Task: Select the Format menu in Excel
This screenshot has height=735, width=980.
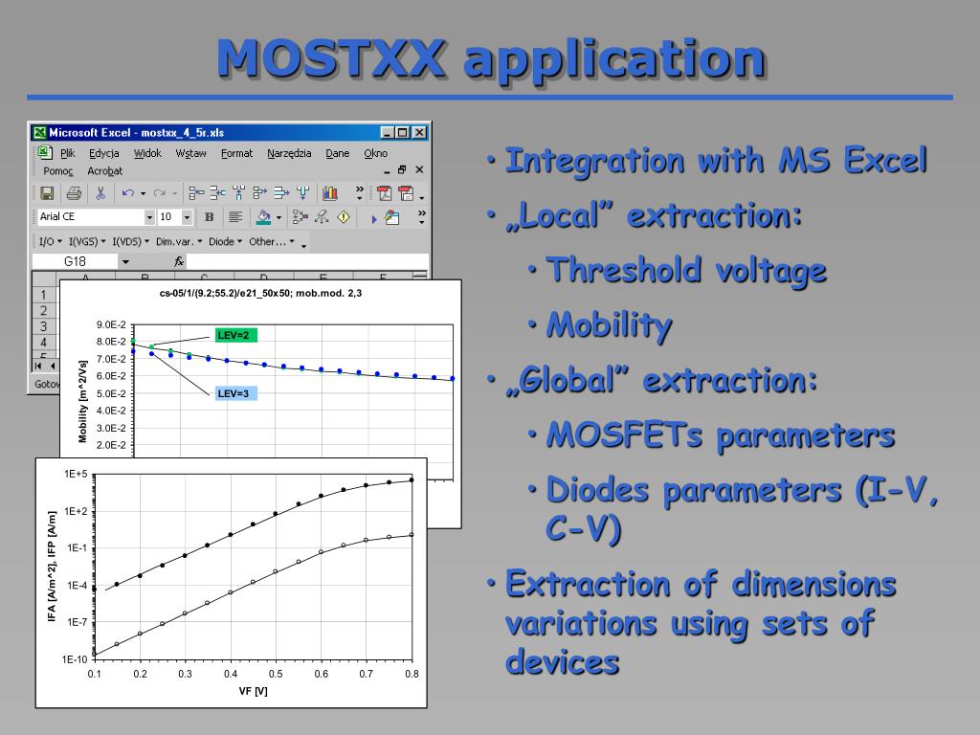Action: click(x=236, y=153)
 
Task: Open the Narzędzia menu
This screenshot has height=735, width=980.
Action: click(x=289, y=153)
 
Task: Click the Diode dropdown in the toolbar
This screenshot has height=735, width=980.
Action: click(x=224, y=241)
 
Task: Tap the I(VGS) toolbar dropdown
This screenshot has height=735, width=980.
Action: click(x=86, y=241)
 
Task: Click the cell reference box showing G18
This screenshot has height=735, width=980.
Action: click(x=75, y=261)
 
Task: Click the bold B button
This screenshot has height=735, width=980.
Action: click(x=209, y=217)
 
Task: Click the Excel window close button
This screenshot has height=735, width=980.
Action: click(x=419, y=132)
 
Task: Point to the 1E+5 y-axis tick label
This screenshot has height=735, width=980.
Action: click(x=76, y=475)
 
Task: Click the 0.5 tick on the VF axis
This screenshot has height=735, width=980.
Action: click(x=276, y=674)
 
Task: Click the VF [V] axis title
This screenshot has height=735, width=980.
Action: click(x=253, y=691)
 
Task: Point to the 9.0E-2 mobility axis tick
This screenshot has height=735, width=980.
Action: click(x=111, y=325)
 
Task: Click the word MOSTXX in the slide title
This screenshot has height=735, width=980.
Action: click(x=331, y=57)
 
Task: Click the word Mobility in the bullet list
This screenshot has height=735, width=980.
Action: click(x=609, y=325)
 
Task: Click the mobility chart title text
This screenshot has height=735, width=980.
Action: click(x=260, y=293)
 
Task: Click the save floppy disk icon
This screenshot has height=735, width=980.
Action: click(x=48, y=193)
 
